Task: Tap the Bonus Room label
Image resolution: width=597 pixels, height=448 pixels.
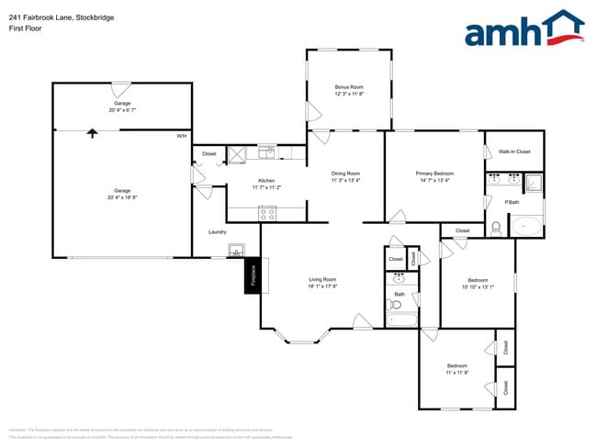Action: coord(349,87)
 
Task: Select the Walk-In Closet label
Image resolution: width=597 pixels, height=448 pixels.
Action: coord(514,151)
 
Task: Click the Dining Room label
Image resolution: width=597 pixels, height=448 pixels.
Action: coord(345,174)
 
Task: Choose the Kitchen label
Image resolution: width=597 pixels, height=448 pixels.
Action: coord(266,181)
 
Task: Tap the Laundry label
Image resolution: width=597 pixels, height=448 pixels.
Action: coord(217,231)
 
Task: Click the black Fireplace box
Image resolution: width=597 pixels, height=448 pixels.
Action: coord(253,276)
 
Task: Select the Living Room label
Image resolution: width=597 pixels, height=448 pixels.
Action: coord(322,279)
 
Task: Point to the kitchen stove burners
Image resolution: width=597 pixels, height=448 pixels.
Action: coord(268,212)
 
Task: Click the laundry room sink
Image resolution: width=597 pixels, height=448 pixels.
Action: coord(236,249)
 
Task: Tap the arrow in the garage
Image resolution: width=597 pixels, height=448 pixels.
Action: coord(91,133)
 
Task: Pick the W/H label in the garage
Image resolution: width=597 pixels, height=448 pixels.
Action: coord(182,136)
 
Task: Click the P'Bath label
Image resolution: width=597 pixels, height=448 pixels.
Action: coord(513,202)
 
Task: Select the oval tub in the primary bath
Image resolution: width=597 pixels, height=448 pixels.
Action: coord(525,225)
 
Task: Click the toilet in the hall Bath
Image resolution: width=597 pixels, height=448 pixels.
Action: coord(394,303)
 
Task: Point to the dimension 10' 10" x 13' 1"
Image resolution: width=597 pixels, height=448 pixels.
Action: coord(478,287)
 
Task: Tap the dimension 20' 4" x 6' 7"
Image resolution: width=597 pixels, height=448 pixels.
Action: coord(122,109)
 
